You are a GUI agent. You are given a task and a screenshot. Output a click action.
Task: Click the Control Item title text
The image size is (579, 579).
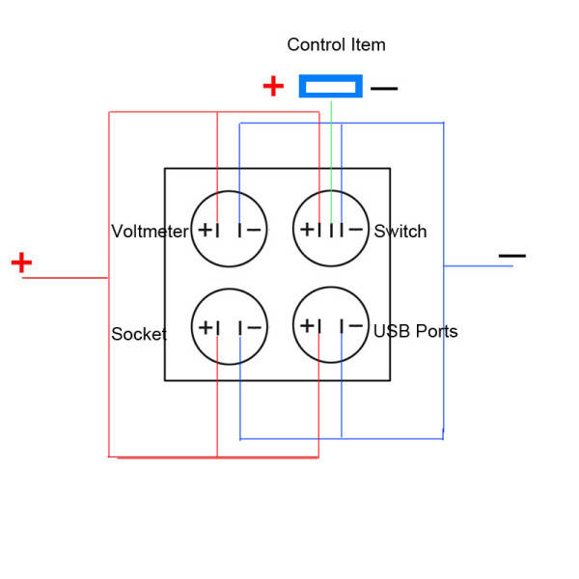336,45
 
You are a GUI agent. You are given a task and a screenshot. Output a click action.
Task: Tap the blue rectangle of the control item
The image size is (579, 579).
330,87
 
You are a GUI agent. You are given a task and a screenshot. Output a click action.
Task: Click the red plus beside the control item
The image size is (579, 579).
274,87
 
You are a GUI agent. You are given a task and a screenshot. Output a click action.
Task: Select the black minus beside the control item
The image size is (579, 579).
384,89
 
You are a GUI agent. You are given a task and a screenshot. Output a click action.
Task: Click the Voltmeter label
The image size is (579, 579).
150,232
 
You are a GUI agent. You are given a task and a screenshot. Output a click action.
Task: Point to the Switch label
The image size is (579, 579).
400,232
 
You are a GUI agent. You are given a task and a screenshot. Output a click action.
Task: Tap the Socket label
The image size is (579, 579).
139,335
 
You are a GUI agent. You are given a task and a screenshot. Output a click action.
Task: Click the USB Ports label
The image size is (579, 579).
416,332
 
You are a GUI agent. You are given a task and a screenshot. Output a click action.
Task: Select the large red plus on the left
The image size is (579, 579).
21,262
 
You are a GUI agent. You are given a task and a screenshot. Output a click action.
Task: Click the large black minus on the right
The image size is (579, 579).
512,256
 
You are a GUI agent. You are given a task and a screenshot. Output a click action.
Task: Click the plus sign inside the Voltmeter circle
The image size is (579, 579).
205,230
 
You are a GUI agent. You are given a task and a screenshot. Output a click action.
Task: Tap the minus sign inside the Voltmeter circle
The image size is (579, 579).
254,230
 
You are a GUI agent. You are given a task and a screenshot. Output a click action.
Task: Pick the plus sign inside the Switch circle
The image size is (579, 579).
306,230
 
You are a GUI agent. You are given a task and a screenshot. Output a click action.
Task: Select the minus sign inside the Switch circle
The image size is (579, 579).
356,230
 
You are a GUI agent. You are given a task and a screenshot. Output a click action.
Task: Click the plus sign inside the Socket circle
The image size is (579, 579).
205,327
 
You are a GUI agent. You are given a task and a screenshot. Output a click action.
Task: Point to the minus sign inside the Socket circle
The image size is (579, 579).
254,327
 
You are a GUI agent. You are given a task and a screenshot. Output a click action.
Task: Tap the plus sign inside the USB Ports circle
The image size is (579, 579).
306,325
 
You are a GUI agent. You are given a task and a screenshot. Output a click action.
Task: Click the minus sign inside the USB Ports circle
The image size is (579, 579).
356,325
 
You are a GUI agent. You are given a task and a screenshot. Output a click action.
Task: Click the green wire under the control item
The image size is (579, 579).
331,145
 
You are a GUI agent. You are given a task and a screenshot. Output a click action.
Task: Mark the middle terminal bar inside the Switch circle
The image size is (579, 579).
331,230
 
